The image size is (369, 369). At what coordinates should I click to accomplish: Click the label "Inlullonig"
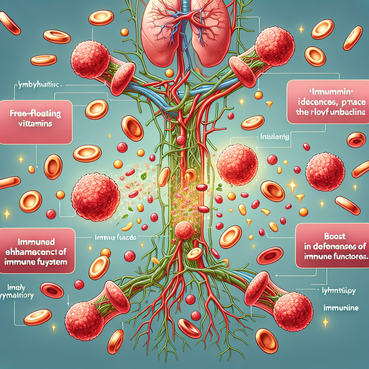pos(270,137)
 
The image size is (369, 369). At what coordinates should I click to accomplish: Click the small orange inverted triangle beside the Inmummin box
pos(269,105)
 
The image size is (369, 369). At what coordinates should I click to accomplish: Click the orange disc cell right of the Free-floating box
pos(97,109)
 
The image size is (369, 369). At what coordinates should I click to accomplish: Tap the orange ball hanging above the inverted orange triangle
pos(258,95)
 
